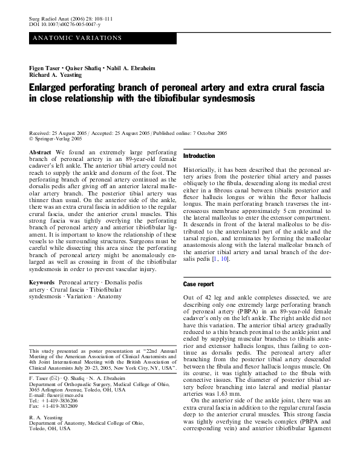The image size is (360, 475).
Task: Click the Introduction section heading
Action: point(199,156)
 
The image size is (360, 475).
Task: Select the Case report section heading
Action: point(199,283)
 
